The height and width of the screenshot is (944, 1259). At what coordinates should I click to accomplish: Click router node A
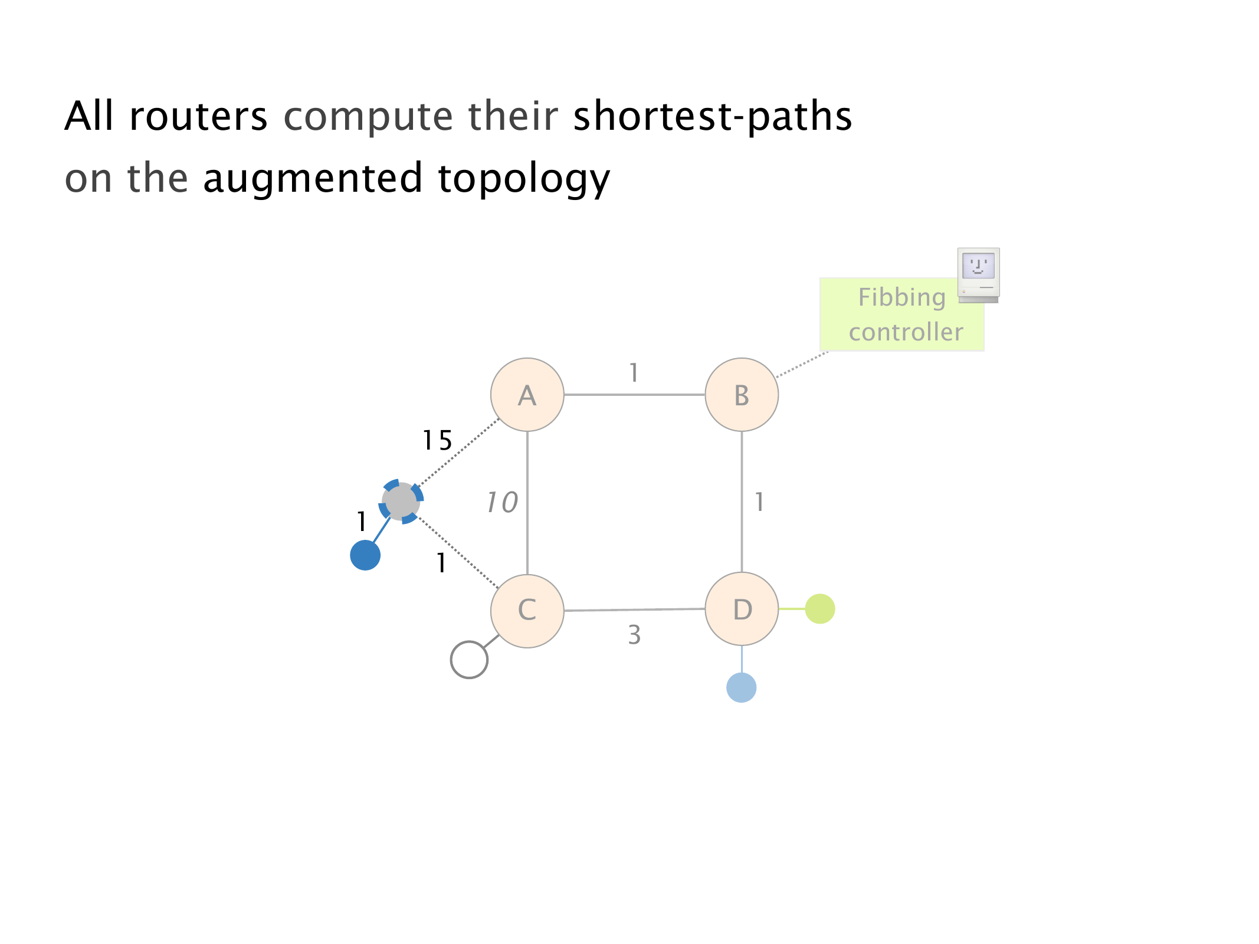point(527,395)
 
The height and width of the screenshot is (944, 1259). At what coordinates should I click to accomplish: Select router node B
point(742,395)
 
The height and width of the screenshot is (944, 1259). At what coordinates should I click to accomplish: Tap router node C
point(527,611)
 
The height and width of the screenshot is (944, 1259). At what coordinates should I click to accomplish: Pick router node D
point(742,609)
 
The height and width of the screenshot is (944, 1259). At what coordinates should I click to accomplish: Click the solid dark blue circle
point(365,555)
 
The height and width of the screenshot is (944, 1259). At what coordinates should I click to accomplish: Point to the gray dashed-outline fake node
point(401,501)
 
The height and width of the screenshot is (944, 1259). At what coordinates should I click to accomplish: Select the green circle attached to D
point(820,609)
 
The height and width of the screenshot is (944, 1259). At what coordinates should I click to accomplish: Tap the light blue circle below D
point(742,688)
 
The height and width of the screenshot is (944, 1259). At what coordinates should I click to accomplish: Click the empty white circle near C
point(469,660)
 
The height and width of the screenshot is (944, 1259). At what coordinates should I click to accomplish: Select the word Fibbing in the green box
point(901,297)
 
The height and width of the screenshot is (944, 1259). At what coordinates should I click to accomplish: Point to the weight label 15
point(437,441)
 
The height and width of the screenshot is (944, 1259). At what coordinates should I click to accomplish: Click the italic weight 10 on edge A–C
point(502,503)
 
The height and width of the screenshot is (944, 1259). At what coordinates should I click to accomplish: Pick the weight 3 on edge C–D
point(634,635)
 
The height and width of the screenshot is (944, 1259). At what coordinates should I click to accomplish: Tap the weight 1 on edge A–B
point(634,373)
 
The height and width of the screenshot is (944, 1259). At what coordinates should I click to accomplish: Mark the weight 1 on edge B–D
point(759,503)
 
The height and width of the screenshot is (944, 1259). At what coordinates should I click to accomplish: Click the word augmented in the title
point(313,178)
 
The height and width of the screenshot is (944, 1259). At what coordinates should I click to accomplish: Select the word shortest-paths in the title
point(713,116)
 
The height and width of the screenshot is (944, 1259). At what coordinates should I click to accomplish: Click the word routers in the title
point(198,116)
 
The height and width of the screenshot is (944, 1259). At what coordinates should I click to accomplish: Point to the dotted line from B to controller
point(802,364)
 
